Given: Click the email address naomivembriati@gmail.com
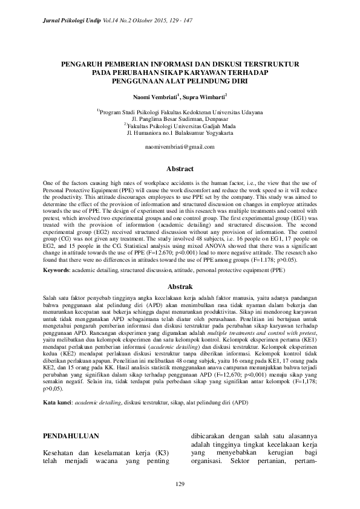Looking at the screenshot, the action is tap(180, 147).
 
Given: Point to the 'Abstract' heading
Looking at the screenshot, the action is tap(180, 169).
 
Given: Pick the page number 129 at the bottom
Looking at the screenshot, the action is tap(180, 484).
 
